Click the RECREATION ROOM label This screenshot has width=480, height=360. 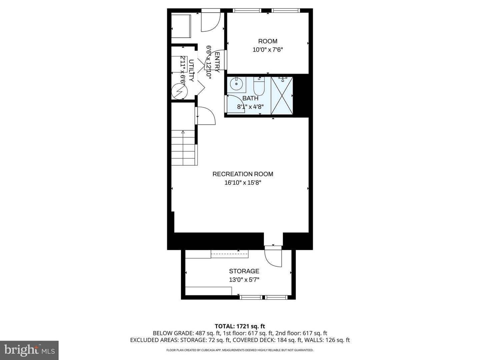coord(243,174)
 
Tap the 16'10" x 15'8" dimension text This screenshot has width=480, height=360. coord(245,183)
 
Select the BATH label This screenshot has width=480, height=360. coord(250,98)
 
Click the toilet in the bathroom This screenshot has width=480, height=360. coord(259,87)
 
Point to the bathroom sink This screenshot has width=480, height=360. coord(237,84)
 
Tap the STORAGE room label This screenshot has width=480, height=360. coord(244,271)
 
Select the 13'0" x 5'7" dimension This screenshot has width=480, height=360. coord(244,280)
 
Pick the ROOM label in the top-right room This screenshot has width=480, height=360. coord(268,41)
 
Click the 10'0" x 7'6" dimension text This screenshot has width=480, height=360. coord(268,50)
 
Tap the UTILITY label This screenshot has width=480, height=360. coord(191,70)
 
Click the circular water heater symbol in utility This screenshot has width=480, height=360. coord(180,91)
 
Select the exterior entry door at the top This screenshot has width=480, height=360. coord(210,22)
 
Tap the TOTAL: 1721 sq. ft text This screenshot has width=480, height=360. coord(240,326)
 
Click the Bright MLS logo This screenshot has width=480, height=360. coord(29,350)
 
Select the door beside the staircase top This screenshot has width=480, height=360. coord(205,116)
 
